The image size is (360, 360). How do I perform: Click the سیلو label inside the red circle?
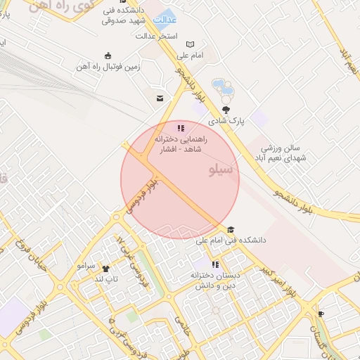coord(224,171)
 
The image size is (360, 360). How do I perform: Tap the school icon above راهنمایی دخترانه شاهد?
coord(181,128)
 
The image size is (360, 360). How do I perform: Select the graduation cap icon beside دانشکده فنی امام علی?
coord(230,229)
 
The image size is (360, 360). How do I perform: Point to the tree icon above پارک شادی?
coord(226,109)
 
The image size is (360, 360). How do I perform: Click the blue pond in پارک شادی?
coord(223,89)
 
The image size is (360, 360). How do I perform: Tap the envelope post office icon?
coord(160,98)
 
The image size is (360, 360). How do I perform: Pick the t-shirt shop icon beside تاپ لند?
coord(105,269)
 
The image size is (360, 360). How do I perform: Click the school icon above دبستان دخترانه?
coord(215,264)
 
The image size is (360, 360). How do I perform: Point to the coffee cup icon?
coord(321,314)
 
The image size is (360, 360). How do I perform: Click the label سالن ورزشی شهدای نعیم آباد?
coord(281,153)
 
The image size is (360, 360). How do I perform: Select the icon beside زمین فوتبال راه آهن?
coord(107,56)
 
